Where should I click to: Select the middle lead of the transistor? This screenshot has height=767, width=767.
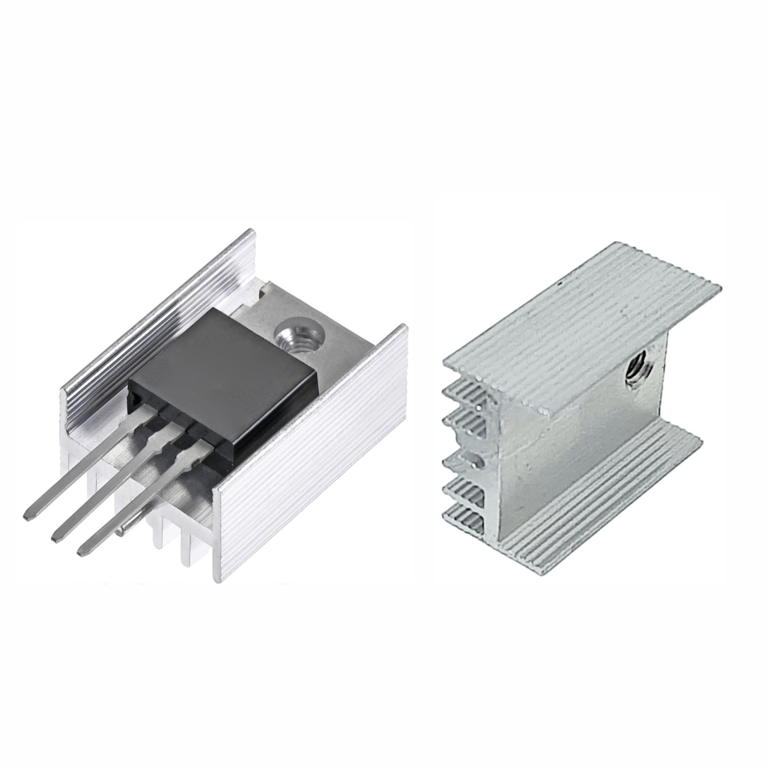click(112, 487)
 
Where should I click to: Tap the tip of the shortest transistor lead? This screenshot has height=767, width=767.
click(82, 551)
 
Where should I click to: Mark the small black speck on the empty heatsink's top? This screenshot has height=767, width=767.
click(561, 284)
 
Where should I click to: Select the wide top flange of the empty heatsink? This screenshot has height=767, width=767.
click(584, 330)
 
